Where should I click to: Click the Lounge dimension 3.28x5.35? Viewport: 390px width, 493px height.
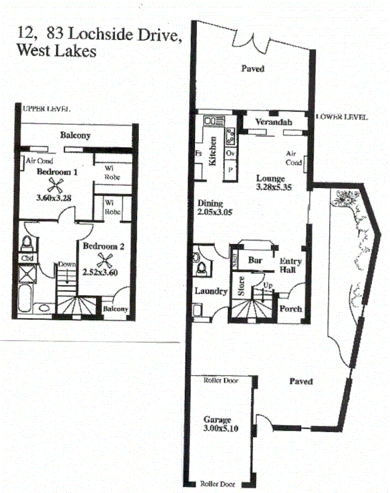coord(272,189)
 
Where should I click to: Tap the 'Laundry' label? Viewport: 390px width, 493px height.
coord(212,291)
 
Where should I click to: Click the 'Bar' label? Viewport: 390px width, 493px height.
coord(254,260)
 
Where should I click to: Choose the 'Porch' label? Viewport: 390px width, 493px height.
coord(290,309)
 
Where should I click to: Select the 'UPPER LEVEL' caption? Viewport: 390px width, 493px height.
coord(46,109)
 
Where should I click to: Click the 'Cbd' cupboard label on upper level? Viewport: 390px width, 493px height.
coord(28,258)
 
